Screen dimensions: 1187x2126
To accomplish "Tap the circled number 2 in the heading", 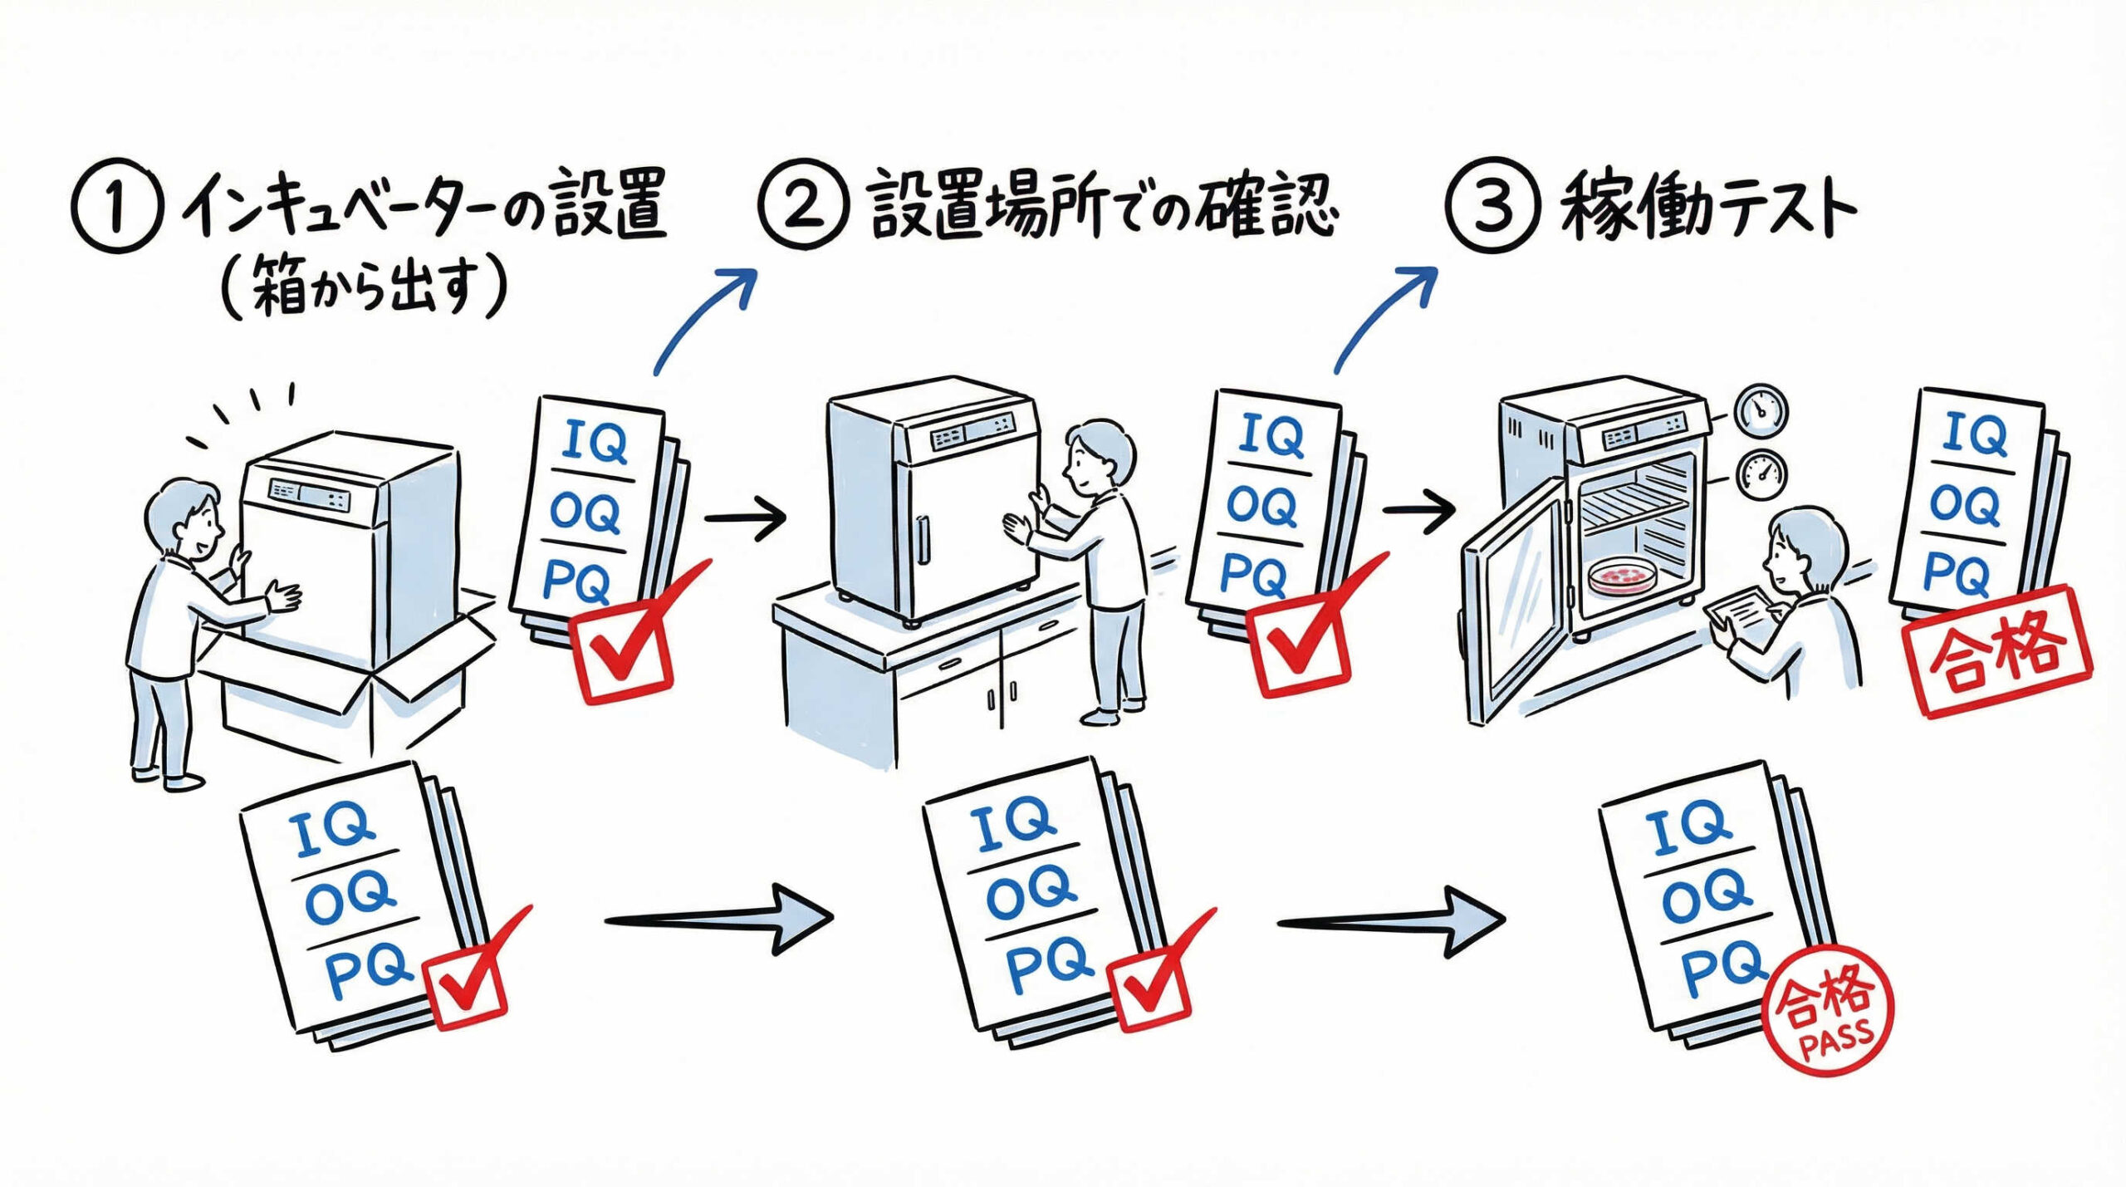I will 803,205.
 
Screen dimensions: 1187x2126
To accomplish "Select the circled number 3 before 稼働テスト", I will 1493,205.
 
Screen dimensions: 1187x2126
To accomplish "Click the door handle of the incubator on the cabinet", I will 923,539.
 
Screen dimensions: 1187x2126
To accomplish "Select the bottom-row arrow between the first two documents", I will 718,920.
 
